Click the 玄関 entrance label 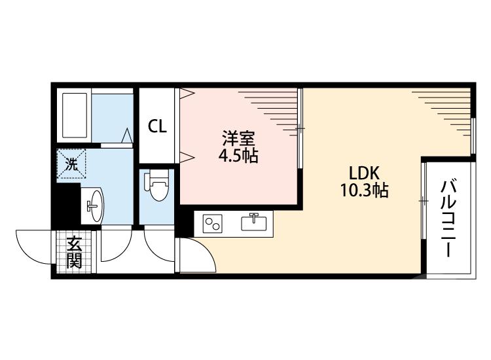(73, 253)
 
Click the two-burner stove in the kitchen (213, 223)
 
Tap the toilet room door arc (159, 248)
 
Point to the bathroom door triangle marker (128, 135)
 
